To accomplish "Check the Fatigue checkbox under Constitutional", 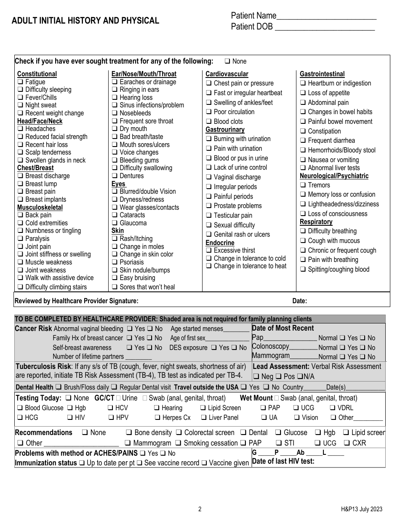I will coord(20,82).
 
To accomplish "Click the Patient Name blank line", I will coord(326,17).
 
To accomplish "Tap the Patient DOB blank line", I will coord(325,28).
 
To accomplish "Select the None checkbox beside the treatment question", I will coord(227,61).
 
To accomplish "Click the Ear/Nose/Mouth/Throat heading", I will coord(144,74).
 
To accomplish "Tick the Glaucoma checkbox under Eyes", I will coord(115,223).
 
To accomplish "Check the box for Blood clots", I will coord(208,122).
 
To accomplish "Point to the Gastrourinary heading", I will coord(225,130).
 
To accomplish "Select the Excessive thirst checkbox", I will coord(208,251).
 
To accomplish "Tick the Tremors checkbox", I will coord(303,185).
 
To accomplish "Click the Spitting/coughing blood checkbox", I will coord(303,270).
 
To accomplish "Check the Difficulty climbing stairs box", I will coord(20,287).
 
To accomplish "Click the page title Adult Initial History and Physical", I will coord(85,21).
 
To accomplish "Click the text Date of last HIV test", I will coord(283,461).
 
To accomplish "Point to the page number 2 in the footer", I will coord(200,509).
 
